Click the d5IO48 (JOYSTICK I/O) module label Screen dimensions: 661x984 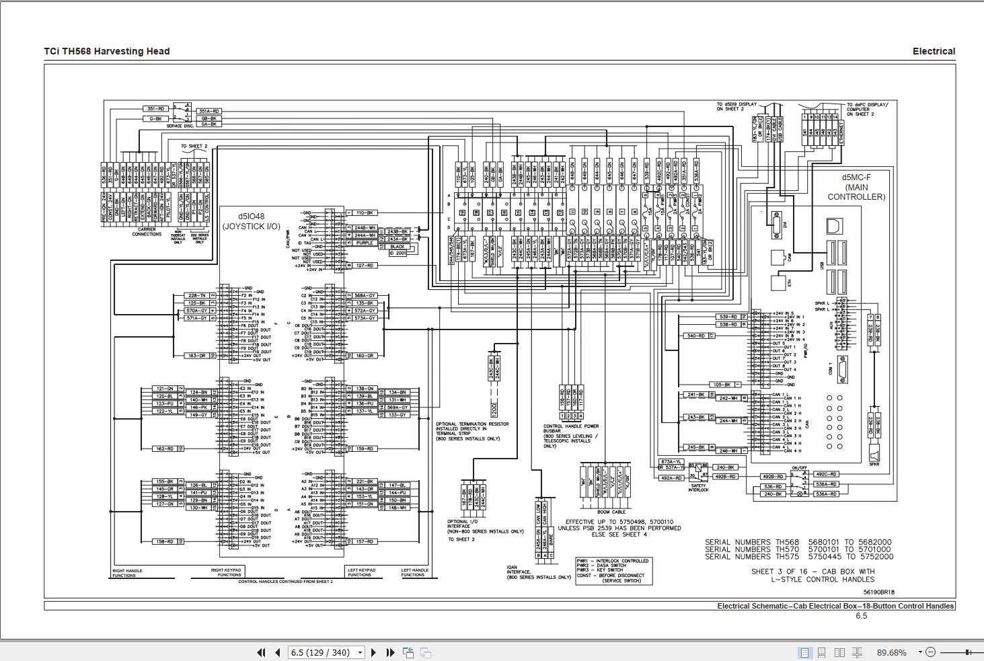pyautogui.click(x=252, y=221)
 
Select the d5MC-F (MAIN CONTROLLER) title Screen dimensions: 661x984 pyautogui.click(x=856, y=187)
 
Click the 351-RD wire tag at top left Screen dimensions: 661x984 pyautogui.click(x=156, y=108)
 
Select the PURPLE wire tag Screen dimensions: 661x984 pyautogui.click(x=365, y=243)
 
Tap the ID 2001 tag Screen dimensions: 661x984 pyautogui.click(x=398, y=253)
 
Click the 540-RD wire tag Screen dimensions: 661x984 pyautogui.click(x=695, y=336)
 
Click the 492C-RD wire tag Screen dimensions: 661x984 pyautogui.click(x=825, y=474)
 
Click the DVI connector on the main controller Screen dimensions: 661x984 pyautogui.click(x=778, y=225)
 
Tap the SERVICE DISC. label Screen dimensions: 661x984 pyautogui.click(x=180, y=126)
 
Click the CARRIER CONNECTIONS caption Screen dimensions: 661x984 pyautogui.click(x=147, y=231)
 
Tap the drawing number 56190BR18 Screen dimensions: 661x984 pyautogui.click(x=879, y=592)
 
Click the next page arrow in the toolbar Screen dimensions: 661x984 pyautogui.click(x=374, y=652)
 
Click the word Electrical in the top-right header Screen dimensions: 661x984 pyautogui.click(x=934, y=51)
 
